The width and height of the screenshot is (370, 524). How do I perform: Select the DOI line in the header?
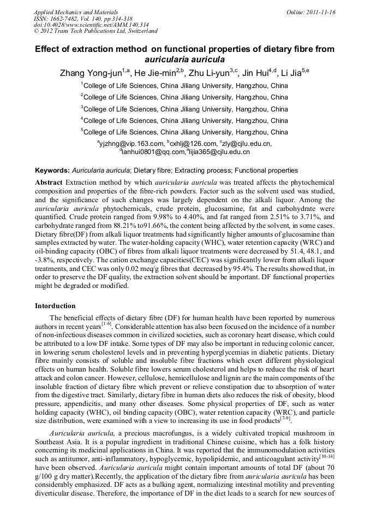[x=83, y=25]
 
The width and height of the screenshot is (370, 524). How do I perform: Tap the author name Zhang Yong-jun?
[x=91, y=73]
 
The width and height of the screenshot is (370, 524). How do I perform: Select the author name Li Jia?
[x=298, y=73]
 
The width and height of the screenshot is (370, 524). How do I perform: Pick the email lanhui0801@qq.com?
[x=153, y=152]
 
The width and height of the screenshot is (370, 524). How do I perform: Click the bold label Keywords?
[x=52, y=170]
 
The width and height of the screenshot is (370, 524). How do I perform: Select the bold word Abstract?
[x=49, y=181]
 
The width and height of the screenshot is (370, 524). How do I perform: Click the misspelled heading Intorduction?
[x=55, y=305]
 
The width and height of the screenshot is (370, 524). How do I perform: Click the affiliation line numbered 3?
[x=184, y=109]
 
